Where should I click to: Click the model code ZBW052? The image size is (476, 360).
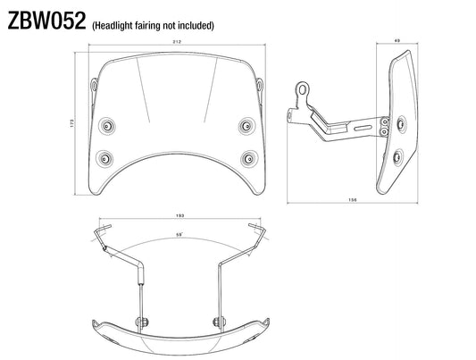(x=46, y=21)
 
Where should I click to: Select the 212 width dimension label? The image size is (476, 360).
(x=177, y=42)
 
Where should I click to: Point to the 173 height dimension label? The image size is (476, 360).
(x=72, y=122)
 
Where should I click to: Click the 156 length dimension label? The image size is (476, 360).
(x=353, y=200)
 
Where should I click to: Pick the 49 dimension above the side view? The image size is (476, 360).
(x=397, y=40)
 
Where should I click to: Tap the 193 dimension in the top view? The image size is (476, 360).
(x=180, y=215)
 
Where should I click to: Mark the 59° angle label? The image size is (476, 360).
(x=180, y=235)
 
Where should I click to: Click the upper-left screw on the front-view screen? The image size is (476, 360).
(x=107, y=126)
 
